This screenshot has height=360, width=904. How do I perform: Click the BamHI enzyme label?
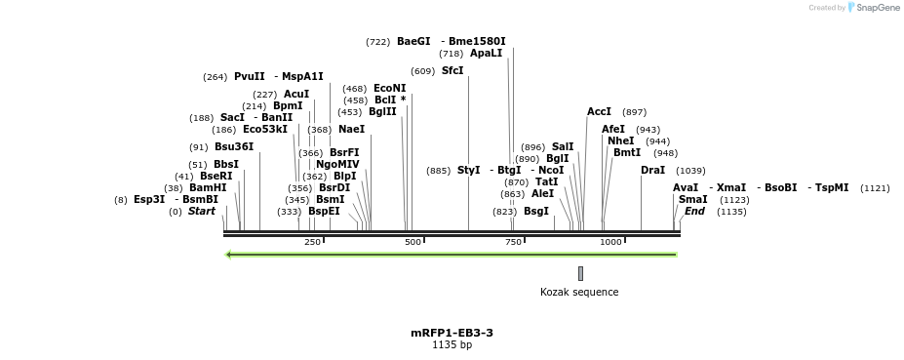[x=208, y=187]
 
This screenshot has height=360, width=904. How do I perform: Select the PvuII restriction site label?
[x=250, y=76]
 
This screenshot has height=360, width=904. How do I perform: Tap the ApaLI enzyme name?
[x=486, y=54]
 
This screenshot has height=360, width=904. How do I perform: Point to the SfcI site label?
[x=452, y=70]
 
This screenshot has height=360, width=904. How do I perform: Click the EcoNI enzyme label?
[x=390, y=88]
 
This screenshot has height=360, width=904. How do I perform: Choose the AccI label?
[x=599, y=111]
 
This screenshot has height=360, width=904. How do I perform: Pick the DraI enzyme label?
[x=652, y=170]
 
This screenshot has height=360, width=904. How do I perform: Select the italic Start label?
[x=202, y=211]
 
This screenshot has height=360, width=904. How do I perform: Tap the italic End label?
[x=694, y=211]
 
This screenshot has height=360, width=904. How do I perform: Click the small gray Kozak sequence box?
[x=580, y=273]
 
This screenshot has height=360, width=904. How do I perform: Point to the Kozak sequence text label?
[x=579, y=292]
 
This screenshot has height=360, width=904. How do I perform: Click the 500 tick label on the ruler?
[x=413, y=242]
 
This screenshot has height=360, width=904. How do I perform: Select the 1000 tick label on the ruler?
[x=610, y=242]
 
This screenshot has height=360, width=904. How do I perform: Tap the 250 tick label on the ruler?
[x=312, y=242]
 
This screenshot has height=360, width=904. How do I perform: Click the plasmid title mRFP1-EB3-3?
[x=452, y=333]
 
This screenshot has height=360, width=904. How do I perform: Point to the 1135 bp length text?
[x=452, y=344]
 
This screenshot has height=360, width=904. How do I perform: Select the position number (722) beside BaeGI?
[x=377, y=42]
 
